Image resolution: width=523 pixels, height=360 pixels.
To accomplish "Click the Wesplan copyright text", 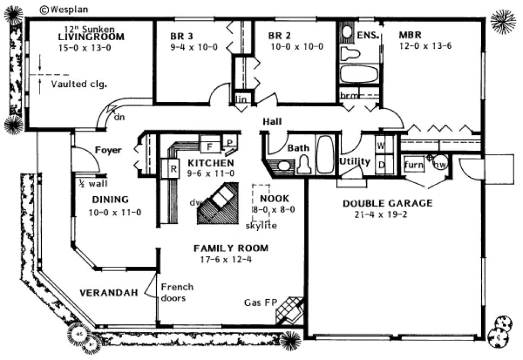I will pos(63,9).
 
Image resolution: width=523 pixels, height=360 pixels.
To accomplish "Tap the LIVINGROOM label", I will pos(91,37).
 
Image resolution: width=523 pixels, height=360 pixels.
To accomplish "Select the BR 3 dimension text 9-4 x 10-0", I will pos(194,47).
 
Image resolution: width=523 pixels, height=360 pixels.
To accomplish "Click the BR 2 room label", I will pos(279,36).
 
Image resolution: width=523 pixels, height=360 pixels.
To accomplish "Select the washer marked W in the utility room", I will pos(381,146).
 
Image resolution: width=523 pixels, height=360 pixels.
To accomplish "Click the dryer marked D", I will pos(381,165).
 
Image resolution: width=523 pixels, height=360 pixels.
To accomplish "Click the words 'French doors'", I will pos(177,292).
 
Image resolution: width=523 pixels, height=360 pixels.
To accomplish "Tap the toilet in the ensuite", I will pos(351,53).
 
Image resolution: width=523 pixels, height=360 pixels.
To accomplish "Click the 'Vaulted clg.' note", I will pos(79,84).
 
